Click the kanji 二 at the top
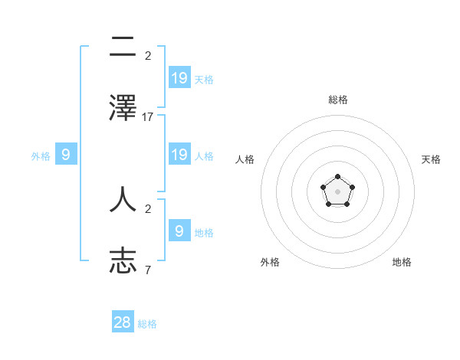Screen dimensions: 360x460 (x=123, y=47)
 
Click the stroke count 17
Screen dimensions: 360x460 (x=148, y=117)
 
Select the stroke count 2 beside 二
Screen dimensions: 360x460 (x=148, y=55)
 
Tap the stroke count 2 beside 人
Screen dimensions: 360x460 (x=148, y=208)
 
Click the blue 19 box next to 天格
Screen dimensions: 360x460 (x=179, y=77)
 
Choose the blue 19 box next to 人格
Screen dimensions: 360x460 (x=179, y=154)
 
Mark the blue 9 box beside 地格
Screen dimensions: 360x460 (x=179, y=230)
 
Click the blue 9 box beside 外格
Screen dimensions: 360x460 (x=66, y=154)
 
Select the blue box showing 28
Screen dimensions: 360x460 (x=123, y=322)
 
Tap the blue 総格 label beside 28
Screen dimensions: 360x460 (x=147, y=324)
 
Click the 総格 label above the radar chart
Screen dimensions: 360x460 (x=337, y=100)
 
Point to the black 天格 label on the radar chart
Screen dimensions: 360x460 (x=431, y=159)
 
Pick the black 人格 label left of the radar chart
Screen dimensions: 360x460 (x=245, y=159)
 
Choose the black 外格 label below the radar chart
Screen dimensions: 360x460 (x=270, y=262)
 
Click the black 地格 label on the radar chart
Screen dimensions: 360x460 (x=402, y=262)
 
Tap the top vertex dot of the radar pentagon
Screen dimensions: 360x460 (x=337, y=177)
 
